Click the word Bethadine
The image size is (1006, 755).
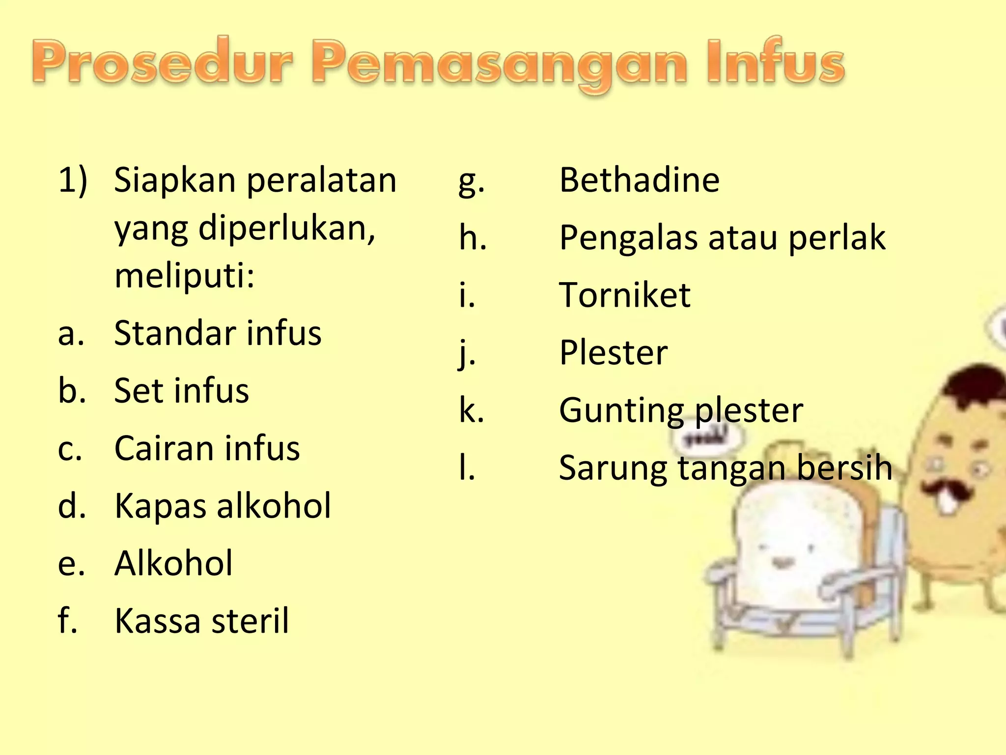point(639,180)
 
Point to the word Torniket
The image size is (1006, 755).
point(624,295)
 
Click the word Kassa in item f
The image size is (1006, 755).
point(155,620)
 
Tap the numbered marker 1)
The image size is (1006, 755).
point(73,180)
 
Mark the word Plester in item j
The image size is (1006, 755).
point(613,352)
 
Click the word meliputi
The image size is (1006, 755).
point(184,275)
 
